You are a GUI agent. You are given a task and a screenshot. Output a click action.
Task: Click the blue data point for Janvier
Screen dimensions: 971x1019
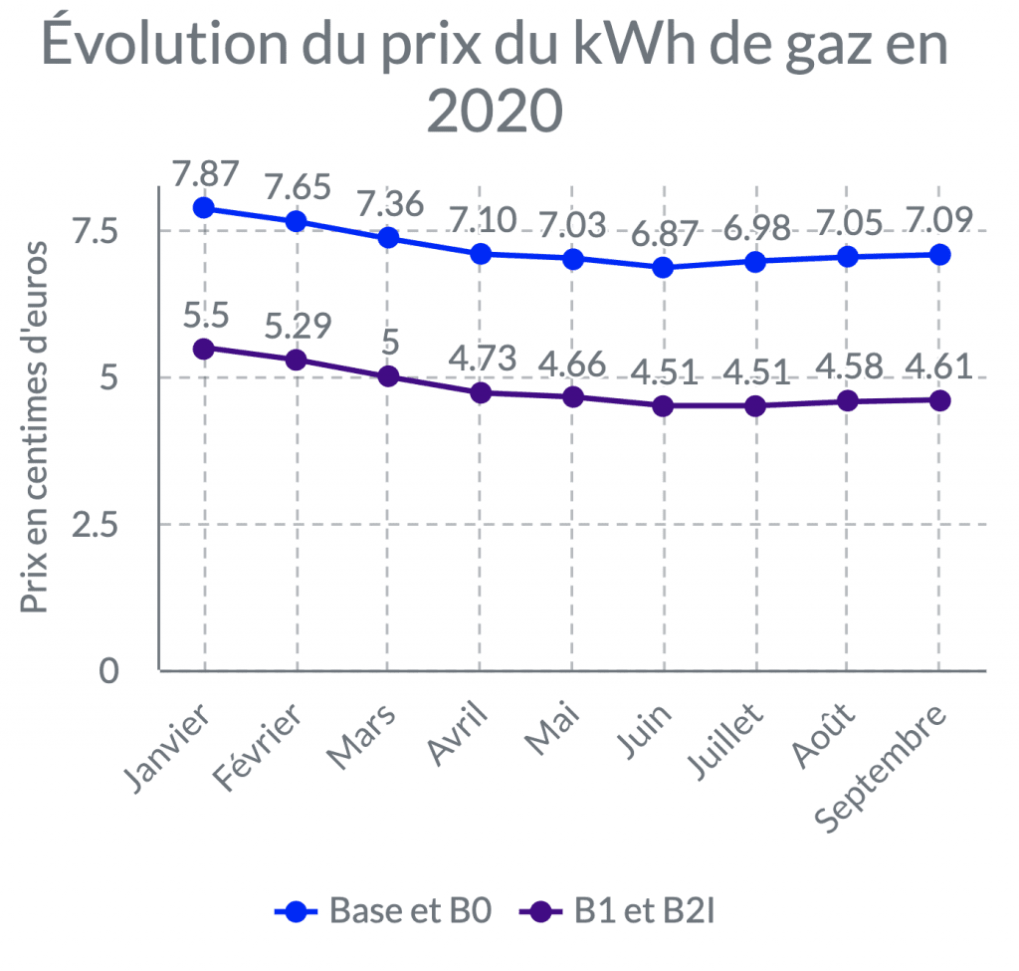204,207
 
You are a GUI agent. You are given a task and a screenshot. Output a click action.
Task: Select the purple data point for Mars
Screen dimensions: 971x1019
388,375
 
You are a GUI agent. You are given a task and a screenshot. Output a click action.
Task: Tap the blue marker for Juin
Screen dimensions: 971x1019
663,267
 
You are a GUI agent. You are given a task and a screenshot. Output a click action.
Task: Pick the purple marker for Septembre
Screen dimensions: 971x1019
938,399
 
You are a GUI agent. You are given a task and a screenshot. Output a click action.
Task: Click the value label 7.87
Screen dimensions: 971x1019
205,173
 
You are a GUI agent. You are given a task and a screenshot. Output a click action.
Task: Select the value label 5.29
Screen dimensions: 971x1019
297,326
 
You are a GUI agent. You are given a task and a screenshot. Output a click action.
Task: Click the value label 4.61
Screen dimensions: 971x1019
938,366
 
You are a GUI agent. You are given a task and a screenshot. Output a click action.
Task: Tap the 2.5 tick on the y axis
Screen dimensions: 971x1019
95,524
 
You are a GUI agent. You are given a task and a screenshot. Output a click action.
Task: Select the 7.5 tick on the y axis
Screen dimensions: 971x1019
95,231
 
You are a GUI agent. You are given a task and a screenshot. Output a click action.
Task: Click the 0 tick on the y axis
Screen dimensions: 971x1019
107,671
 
